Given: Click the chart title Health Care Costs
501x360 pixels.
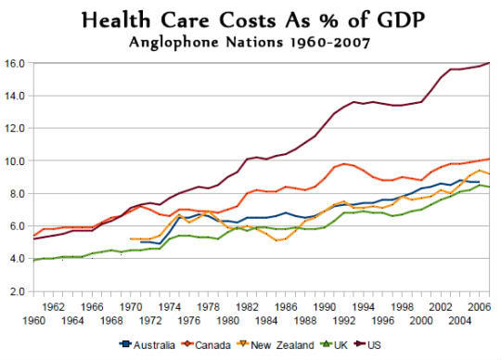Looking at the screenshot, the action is click(178, 20).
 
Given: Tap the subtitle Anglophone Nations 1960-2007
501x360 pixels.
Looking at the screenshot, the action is click(250, 42).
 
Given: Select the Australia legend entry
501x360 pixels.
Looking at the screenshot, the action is click(148, 345).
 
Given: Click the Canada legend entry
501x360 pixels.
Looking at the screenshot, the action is click(206, 345).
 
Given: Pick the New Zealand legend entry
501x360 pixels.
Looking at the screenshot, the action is click(276, 345).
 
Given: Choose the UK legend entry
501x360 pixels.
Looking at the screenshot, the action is click(334, 345).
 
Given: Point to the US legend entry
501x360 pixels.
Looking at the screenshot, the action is click(367, 345).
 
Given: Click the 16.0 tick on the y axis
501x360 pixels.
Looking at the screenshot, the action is click(15, 63).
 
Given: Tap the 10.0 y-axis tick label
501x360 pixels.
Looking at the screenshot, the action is click(15, 161).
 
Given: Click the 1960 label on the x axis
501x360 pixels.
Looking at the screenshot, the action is click(33, 320).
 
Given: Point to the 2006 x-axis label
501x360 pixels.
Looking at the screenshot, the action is click(479, 307).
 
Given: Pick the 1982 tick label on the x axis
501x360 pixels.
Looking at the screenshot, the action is click(247, 307).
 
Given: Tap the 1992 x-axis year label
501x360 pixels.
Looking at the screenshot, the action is click(344, 320).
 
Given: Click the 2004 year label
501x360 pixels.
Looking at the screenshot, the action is click(460, 320).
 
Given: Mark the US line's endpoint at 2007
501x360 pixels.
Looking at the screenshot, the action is click(489, 63).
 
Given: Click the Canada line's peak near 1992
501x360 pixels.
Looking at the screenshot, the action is click(344, 164).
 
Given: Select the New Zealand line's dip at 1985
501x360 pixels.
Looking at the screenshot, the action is click(276, 240).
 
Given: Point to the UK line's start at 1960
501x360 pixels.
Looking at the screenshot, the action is click(34, 260).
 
